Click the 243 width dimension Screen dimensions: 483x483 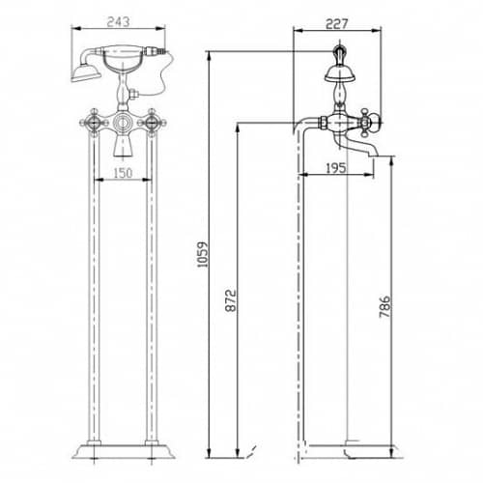click(x=118, y=22)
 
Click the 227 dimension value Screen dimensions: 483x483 click(x=337, y=24)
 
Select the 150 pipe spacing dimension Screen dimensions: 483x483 click(x=123, y=173)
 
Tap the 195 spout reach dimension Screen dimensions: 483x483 click(x=336, y=168)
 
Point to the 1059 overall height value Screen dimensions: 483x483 click(x=203, y=254)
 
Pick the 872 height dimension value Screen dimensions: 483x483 click(x=231, y=300)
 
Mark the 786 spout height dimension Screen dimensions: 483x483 click(x=384, y=306)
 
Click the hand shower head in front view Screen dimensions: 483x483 click(x=85, y=73)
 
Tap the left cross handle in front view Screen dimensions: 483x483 click(x=94, y=123)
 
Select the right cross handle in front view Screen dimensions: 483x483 click(x=152, y=123)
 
